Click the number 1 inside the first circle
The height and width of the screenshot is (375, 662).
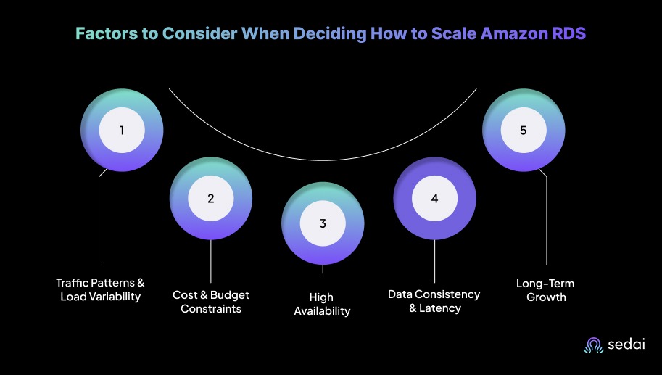pos(122,131)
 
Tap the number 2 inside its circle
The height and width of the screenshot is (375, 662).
pos(211,198)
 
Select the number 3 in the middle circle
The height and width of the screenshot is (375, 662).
pos(323,223)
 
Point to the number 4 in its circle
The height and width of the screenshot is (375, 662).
pos(434,198)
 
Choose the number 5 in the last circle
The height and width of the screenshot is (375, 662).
pos(523,131)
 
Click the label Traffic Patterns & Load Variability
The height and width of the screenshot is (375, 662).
pos(100,289)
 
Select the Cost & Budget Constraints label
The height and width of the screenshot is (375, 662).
pos(211,302)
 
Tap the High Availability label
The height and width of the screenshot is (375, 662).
pos(323,304)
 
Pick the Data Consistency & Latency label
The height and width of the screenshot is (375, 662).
pos(434,302)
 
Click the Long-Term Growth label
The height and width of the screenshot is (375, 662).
pos(545,289)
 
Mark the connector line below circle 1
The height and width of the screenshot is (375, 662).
pos(99,218)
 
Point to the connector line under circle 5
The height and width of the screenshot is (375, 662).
pos(546,218)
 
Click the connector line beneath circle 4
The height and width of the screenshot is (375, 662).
pos(434,261)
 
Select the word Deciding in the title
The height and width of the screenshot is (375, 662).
pos(329,33)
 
